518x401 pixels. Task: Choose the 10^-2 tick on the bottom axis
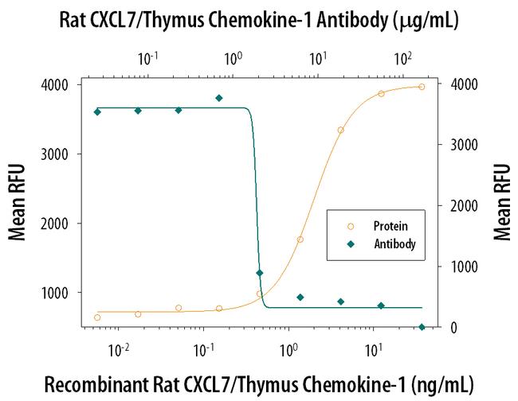[119, 348]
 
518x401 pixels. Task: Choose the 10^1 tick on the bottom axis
[372, 348]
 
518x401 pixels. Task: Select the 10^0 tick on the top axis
[233, 58]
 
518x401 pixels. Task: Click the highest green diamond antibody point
[219, 98]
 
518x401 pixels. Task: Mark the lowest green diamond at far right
[422, 327]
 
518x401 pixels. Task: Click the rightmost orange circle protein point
[422, 87]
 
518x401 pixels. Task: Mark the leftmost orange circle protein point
[97, 317]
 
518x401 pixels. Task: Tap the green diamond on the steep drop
[260, 273]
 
